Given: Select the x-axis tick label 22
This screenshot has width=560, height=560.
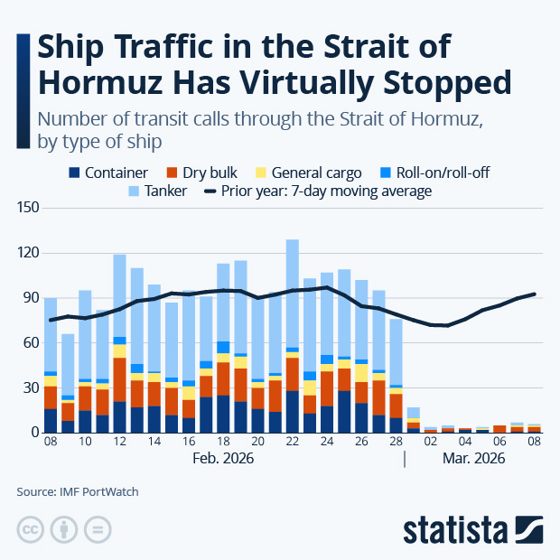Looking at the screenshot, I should [292, 443].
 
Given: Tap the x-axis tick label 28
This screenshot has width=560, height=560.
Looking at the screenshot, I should [396, 443].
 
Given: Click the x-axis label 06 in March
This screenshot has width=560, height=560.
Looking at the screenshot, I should [499, 443].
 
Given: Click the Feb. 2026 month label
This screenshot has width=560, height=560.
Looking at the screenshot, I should [223, 459].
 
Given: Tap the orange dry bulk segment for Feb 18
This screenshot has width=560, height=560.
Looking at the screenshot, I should [223, 378].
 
